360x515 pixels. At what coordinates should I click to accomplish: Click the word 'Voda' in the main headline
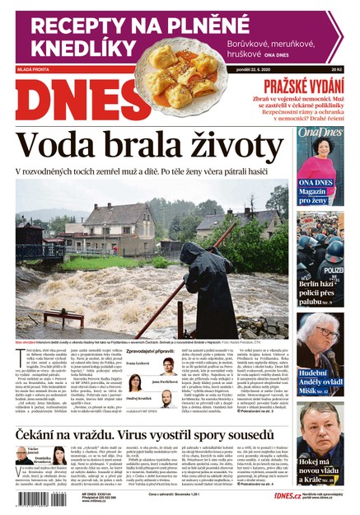click(x=63, y=148)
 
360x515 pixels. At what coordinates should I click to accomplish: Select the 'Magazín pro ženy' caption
click(x=316, y=194)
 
